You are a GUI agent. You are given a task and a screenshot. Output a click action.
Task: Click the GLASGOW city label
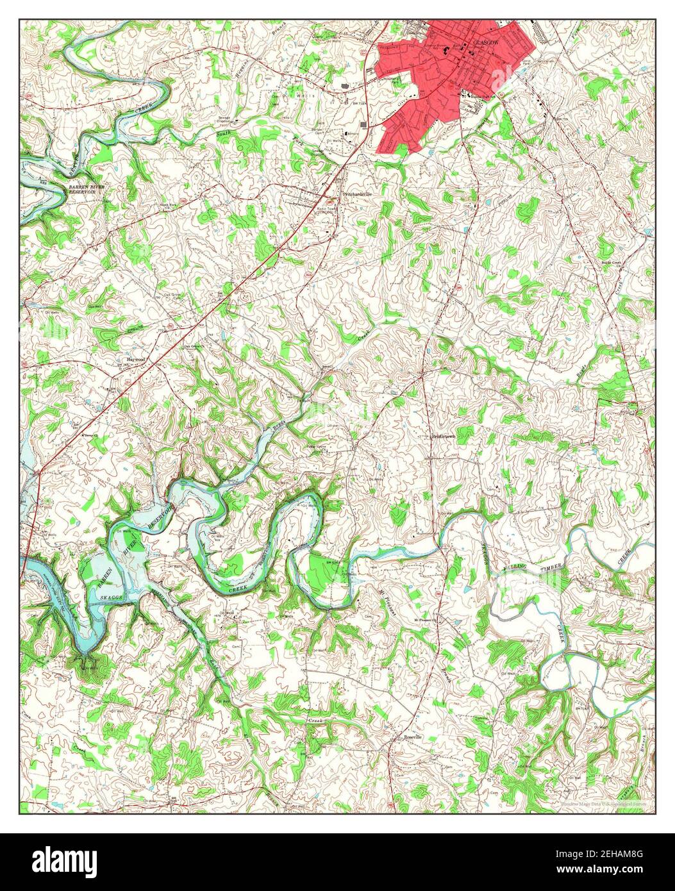[x=485, y=42]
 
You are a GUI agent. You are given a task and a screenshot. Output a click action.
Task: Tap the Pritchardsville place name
[x=357, y=192]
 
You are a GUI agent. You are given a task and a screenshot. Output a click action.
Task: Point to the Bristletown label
[x=443, y=435]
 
